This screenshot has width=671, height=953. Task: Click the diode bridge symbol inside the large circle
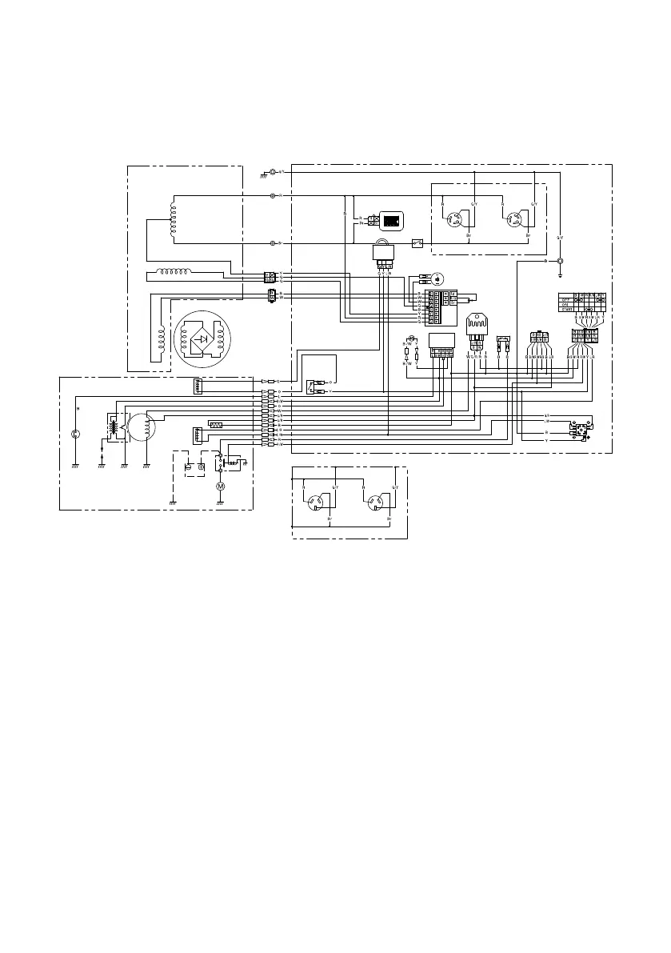[x=202, y=338]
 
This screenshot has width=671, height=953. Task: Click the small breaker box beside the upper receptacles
[x=417, y=242]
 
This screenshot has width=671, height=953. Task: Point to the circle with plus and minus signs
[x=437, y=279]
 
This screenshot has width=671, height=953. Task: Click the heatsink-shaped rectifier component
[x=477, y=326]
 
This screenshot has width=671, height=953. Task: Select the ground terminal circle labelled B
[x=560, y=261]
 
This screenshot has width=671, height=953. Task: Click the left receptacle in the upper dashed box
[x=458, y=219]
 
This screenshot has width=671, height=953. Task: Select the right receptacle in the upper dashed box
[x=517, y=219]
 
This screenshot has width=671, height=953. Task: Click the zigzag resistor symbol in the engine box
[x=215, y=424]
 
